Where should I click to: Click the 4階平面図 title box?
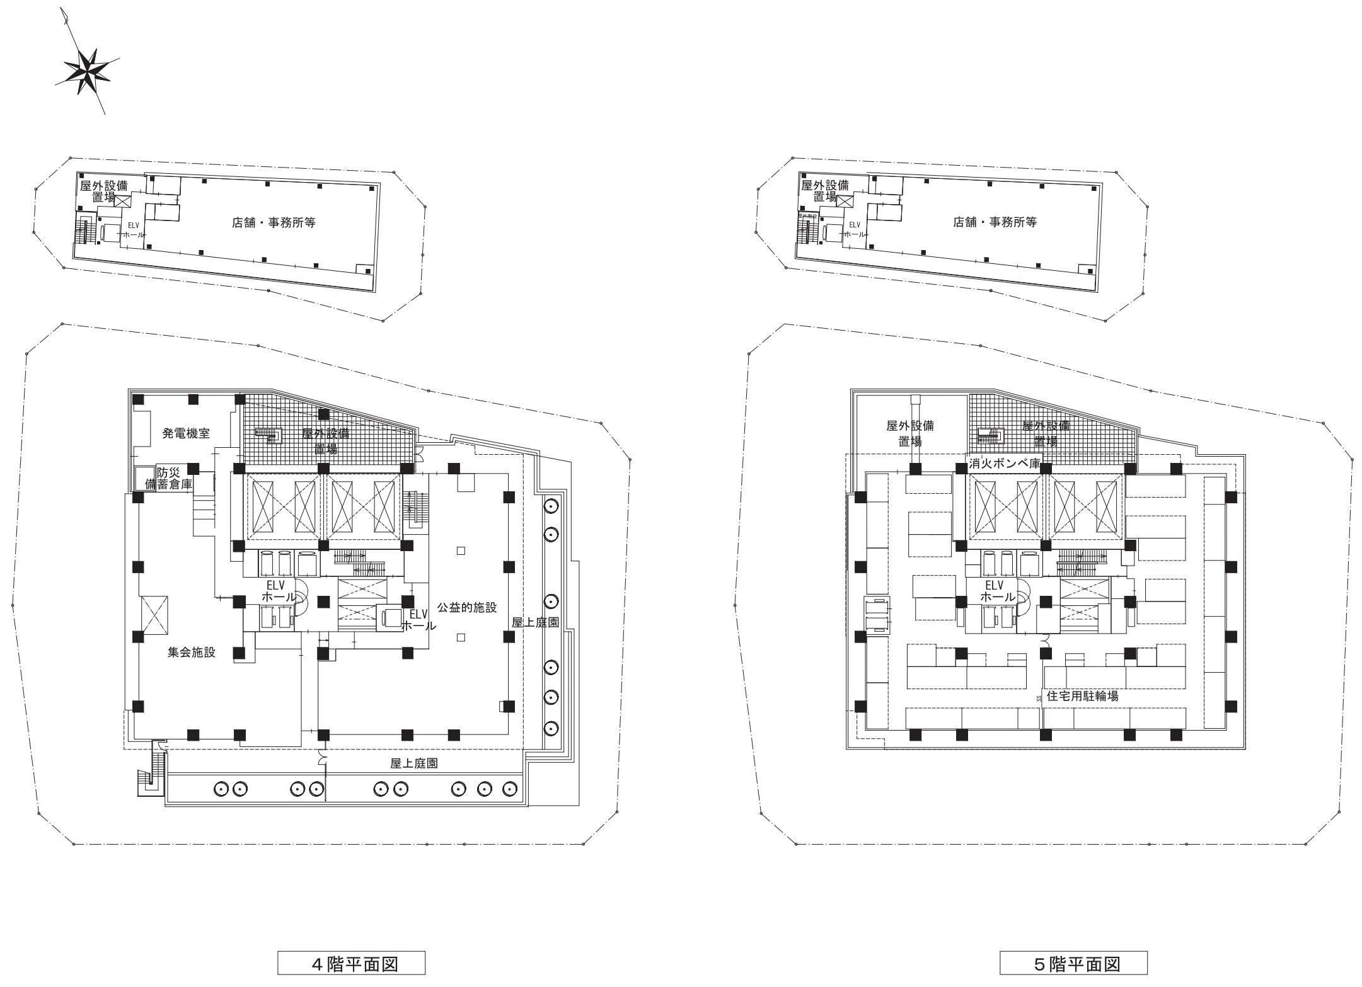coord(351,963)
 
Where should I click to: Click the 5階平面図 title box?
coord(1073,963)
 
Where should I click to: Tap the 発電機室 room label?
coord(186,433)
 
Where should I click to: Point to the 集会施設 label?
coord(192,653)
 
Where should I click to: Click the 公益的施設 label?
coord(467,607)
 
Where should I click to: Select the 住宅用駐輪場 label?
coord(1082,696)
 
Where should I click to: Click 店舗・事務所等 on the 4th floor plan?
coord(274,222)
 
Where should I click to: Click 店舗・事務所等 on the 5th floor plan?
coord(995,222)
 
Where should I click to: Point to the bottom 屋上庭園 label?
coord(414,763)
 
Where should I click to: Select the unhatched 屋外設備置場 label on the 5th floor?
coord(909,433)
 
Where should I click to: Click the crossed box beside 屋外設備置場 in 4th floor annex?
coord(123,202)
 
